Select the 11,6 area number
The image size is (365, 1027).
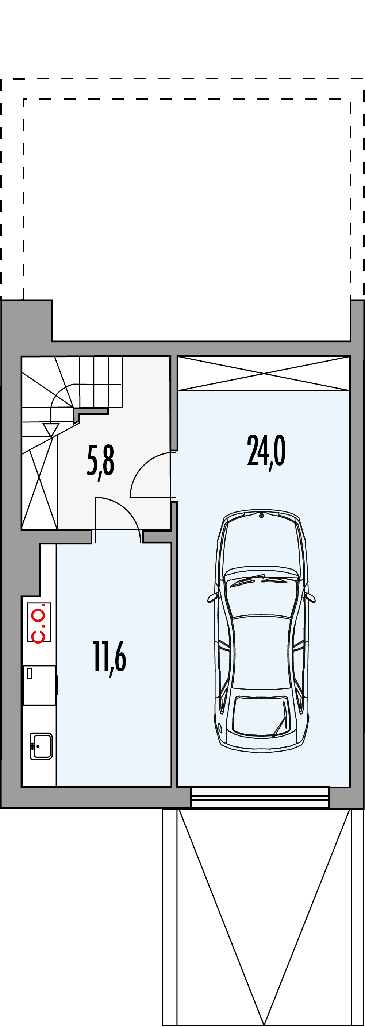pyautogui.click(x=110, y=658)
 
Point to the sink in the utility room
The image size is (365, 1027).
pyautogui.click(x=41, y=746)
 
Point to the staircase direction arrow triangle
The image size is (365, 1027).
pyautogui.click(x=51, y=430)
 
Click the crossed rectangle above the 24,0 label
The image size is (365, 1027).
pyautogui.click(x=264, y=373)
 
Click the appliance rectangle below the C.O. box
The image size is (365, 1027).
pyautogui.click(x=39, y=685)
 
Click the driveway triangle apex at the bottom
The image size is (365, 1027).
pyautogui.click(x=264, y=1022)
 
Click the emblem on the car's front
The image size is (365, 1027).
pyautogui.click(x=261, y=516)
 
